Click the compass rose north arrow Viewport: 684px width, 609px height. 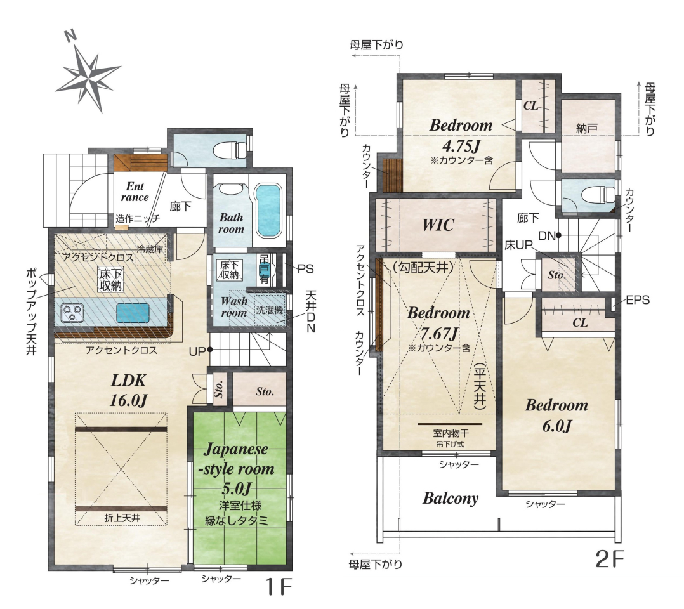tap(88, 74)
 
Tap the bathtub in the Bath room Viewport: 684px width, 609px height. tap(267, 211)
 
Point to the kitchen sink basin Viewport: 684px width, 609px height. tap(133, 313)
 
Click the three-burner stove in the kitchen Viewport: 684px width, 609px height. tap(72, 313)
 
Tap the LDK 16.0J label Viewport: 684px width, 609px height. tap(128, 390)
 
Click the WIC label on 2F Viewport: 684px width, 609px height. tap(438, 225)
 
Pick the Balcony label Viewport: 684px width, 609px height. tap(451, 498)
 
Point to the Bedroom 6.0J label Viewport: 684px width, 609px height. tap(556, 415)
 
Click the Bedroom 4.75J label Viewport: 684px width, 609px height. tap(461, 134)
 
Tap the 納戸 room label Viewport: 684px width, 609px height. tap(587, 128)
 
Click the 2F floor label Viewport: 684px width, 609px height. tap(609, 559)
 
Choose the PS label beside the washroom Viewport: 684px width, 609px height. tap(305, 269)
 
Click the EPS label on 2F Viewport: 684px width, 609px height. tap(637, 299)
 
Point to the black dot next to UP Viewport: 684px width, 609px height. tap(210, 350)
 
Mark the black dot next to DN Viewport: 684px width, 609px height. tap(558, 235)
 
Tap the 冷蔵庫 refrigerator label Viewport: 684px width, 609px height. tap(150, 249)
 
